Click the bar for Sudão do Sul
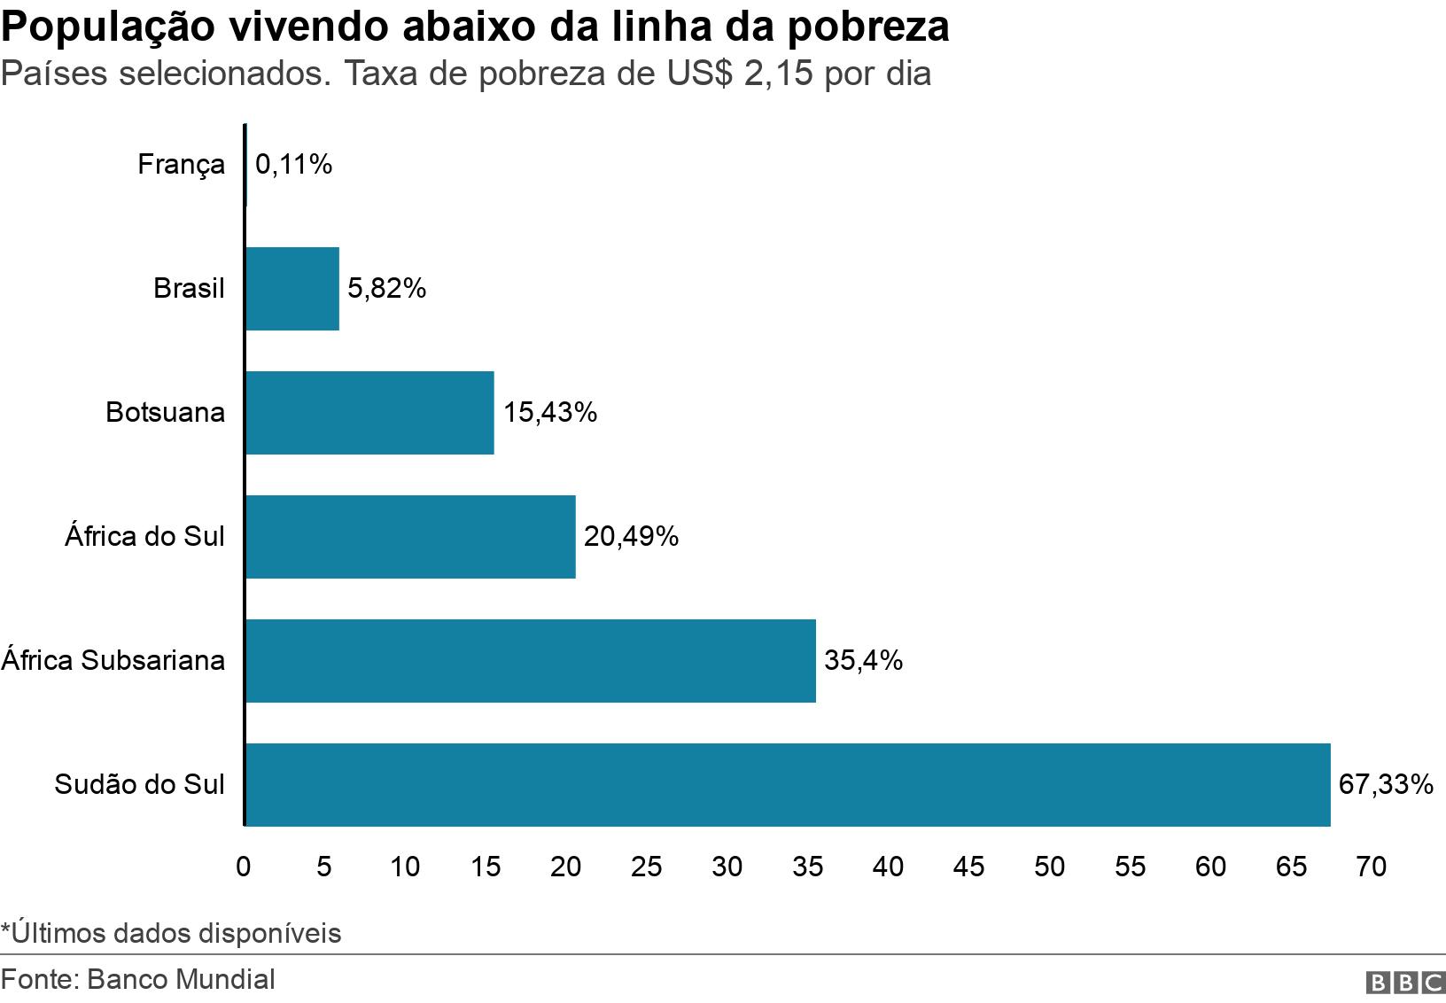(x=787, y=785)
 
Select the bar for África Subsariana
(x=530, y=661)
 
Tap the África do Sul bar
(x=410, y=537)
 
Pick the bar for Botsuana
(x=369, y=413)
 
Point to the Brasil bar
(x=292, y=289)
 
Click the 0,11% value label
(x=294, y=165)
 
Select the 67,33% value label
(x=1386, y=785)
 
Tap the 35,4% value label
(x=863, y=661)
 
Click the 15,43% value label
(x=550, y=413)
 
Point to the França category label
(x=182, y=165)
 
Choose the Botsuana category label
(x=165, y=413)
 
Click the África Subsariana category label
(x=113, y=661)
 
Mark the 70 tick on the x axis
(x=1372, y=867)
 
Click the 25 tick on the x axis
(x=647, y=867)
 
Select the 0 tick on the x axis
(x=244, y=867)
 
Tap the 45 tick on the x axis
(x=968, y=867)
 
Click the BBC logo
(x=1406, y=983)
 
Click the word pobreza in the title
(x=867, y=27)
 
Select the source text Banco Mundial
(x=182, y=979)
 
